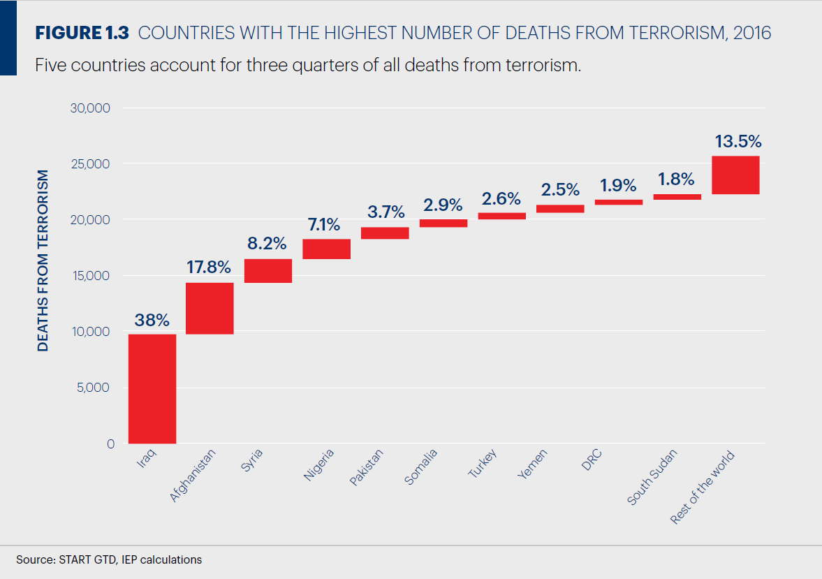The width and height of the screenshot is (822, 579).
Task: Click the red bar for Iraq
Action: coord(152,388)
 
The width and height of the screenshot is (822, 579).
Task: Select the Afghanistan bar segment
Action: coord(210,308)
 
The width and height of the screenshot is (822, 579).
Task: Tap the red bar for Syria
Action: coord(268,270)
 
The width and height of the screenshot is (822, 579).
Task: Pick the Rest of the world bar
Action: coord(735,175)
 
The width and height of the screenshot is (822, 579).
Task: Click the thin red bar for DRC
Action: coord(619,202)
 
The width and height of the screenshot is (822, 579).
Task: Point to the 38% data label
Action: coord(152,321)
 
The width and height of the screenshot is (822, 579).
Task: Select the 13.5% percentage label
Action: coord(737,142)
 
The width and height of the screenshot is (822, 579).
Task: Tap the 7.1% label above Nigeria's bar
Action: coord(325,225)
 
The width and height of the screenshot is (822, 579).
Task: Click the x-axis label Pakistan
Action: coord(367,468)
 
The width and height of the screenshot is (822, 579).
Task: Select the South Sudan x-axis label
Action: coord(651,478)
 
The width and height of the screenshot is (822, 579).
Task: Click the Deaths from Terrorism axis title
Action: coord(43,260)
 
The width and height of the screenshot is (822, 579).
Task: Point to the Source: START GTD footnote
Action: coord(109,559)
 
